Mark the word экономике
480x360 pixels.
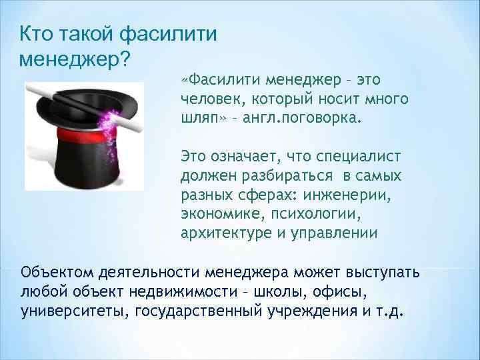coord(214,213)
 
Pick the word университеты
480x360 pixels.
coord(74,311)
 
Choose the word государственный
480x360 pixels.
coord(203,311)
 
